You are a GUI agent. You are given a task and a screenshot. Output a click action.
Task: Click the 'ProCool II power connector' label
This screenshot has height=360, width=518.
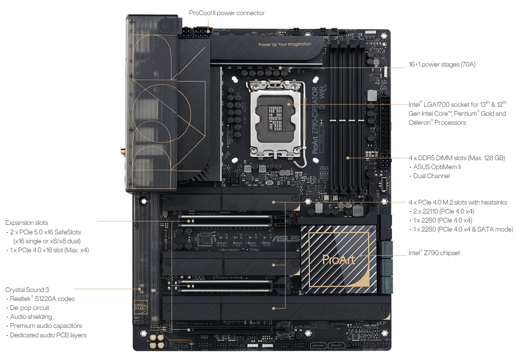coord(227,13)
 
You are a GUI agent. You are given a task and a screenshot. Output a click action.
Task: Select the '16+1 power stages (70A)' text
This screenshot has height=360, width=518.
coord(442,64)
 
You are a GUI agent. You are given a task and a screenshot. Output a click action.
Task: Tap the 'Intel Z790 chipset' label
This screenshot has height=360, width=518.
coord(434,253)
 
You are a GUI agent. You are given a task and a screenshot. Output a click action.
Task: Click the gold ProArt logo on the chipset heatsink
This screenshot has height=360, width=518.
coord(338,259)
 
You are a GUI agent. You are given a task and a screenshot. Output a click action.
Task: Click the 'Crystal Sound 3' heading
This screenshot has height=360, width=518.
coord(27,290)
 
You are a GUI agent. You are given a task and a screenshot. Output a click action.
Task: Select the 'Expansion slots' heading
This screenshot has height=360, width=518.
coord(26,223)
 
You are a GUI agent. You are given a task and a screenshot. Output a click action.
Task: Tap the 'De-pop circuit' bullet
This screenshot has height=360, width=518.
coord(29,308)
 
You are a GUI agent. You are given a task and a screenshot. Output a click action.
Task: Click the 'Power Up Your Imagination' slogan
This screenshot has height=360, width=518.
coord(285,44)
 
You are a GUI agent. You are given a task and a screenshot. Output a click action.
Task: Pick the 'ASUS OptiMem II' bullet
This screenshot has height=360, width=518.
coord(437,167)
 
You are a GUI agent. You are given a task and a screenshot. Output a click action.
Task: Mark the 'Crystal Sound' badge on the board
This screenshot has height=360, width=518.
coord(141,307)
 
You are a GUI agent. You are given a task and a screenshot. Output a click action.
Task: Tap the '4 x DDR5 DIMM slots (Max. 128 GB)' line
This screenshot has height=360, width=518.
coord(457,158)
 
